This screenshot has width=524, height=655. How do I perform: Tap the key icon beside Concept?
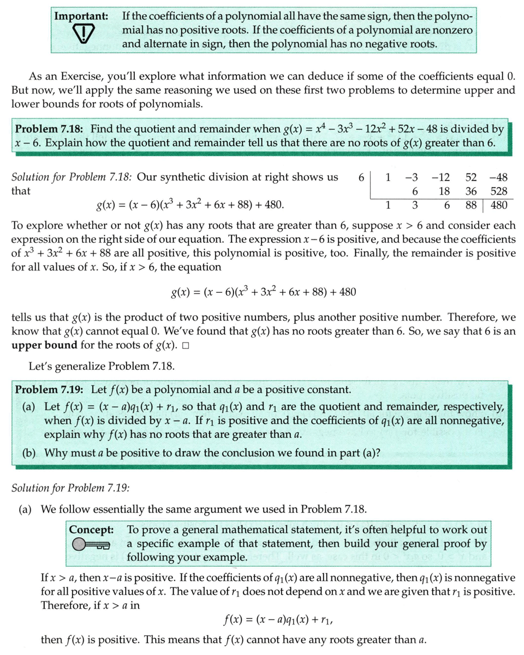click(91, 544)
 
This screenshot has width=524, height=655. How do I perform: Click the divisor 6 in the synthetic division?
click(361, 177)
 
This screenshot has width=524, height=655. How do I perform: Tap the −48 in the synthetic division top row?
click(498, 177)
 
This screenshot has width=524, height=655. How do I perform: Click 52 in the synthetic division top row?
click(471, 177)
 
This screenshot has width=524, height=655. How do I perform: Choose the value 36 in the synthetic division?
click(471, 191)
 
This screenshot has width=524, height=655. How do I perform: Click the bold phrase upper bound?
click(44, 345)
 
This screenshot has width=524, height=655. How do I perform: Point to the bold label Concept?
click(92, 530)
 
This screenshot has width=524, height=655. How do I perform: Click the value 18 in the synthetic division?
click(444, 191)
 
